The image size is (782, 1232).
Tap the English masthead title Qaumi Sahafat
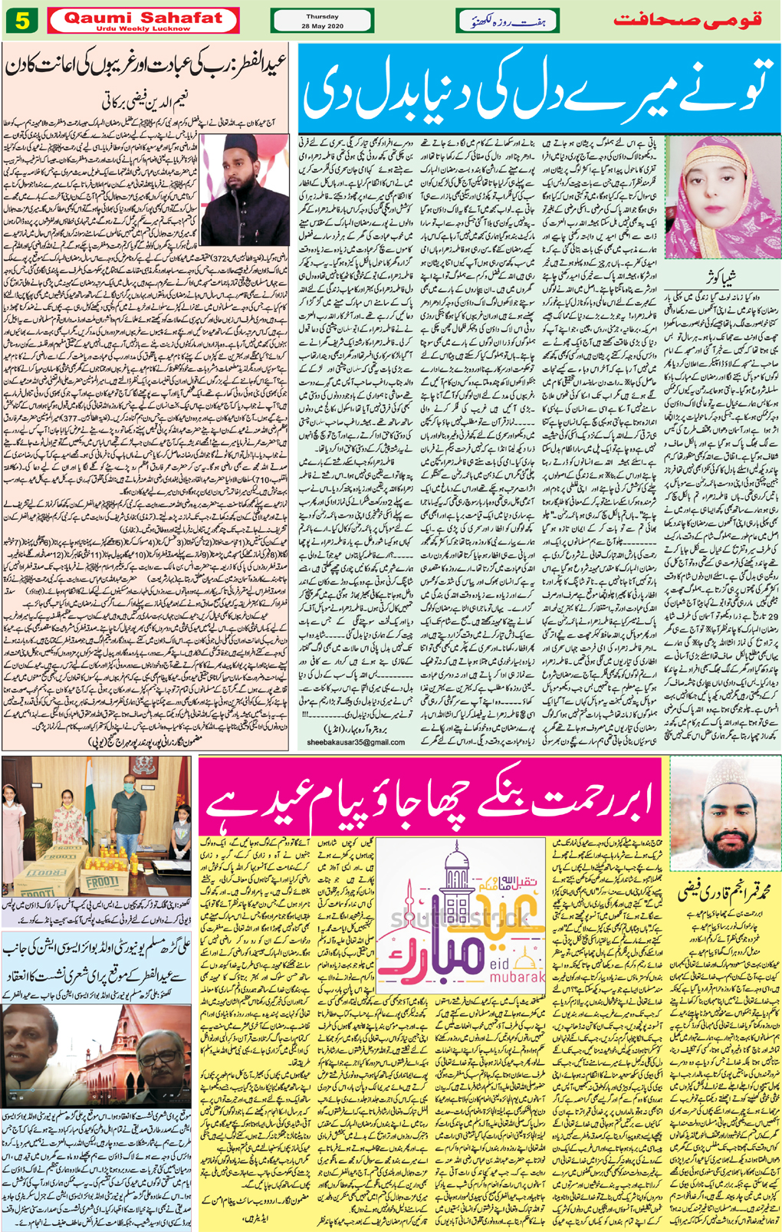[143, 17]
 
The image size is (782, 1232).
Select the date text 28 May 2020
[322, 25]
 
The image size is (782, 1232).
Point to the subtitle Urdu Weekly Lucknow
[143, 29]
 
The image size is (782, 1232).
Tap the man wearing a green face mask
[129, 805]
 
